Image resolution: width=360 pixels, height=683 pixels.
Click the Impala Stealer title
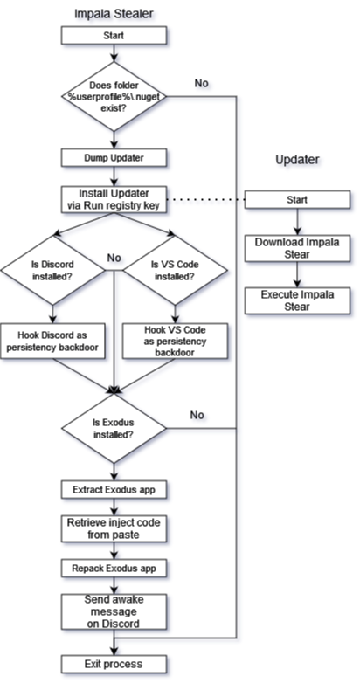click(114, 13)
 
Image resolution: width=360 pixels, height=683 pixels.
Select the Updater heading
click(297, 160)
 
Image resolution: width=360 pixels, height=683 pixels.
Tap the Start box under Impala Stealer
click(114, 35)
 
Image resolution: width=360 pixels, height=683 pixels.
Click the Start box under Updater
click(297, 199)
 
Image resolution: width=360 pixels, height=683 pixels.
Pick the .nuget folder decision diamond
click(114, 96)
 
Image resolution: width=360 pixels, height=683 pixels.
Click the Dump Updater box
click(114, 158)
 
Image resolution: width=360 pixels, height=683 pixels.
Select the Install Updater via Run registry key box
click(114, 200)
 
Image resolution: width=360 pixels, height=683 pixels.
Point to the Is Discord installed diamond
click(52, 270)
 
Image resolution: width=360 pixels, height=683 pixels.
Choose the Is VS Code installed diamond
click(175, 270)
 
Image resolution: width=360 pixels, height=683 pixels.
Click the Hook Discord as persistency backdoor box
click(52, 341)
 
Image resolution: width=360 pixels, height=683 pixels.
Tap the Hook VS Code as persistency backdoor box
click(175, 341)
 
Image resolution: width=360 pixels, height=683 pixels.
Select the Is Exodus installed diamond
click(114, 428)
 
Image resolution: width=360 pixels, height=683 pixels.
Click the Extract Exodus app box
click(114, 490)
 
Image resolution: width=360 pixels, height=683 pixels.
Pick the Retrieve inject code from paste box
click(114, 528)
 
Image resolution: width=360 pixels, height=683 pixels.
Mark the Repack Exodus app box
click(114, 569)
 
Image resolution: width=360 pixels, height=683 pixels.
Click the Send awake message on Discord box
click(114, 611)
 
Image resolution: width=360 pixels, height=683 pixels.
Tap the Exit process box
click(114, 665)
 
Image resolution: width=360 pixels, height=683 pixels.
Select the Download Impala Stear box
click(297, 248)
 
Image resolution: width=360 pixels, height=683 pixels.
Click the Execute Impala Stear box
click(297, 300)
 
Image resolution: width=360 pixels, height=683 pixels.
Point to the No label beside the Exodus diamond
click(197, 415)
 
